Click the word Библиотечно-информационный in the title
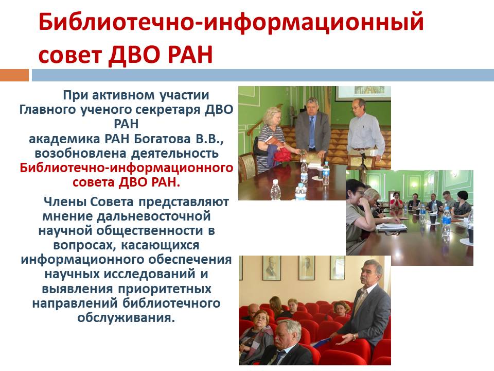[231, 22]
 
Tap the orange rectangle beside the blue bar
[14, 75]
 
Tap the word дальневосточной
[153, 216]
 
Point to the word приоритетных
[165, 289]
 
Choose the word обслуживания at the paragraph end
[126, 318]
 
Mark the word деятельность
[174, 154]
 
